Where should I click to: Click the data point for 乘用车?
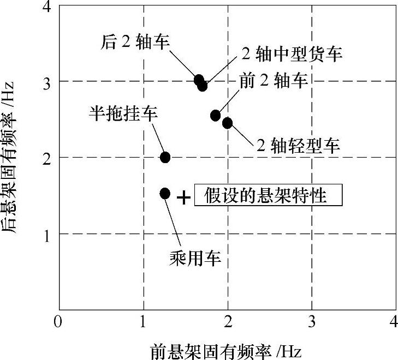(x=165, y=194)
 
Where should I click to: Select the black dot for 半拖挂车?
(x=165, y=158)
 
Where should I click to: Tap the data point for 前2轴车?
(x=216, y=115)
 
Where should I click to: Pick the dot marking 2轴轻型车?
(x=227, y=123)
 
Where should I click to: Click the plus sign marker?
(x=184, y=197)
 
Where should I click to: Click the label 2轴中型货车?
(x=292, y=53)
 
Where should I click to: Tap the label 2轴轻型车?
(x=298, y=145)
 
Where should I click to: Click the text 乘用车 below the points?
(x=195, y=258)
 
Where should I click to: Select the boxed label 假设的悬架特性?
(x=268, y=196)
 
